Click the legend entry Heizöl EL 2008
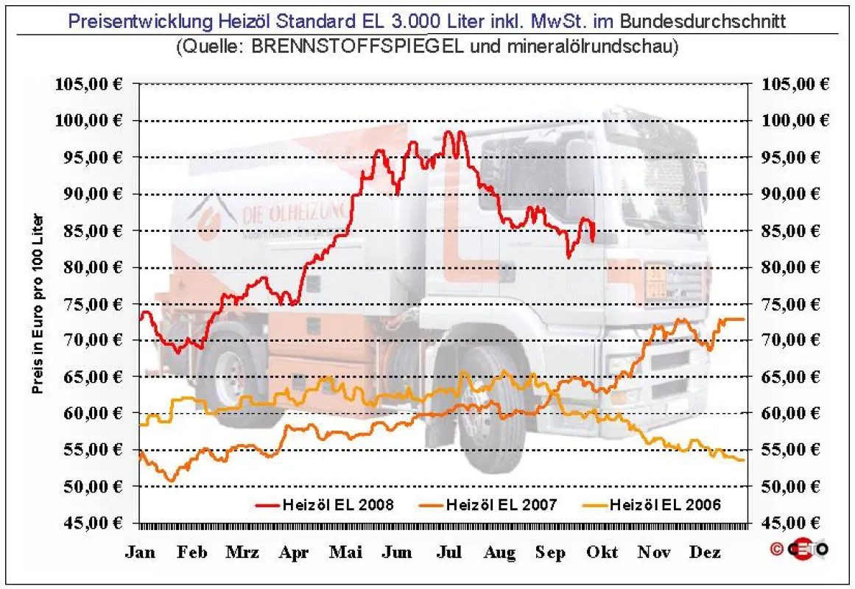coord(325,505)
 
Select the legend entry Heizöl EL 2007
coord(488,505)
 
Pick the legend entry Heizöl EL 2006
coord(652,505)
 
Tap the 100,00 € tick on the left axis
coord(89,120)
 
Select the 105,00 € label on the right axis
coord(795,83)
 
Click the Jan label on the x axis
coord(140,552)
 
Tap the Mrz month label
coord(242,552)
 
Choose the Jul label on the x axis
coord(448,552)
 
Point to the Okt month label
coord(602,552)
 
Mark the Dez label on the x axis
coord(705,552)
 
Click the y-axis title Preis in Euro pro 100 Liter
coord(37,304)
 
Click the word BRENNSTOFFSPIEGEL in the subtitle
coord(357,46)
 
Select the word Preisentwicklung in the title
coord(140,21)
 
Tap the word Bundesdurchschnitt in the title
coord(703,21)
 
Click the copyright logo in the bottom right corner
coord(799,549)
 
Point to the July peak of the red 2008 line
coord(448,132)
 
